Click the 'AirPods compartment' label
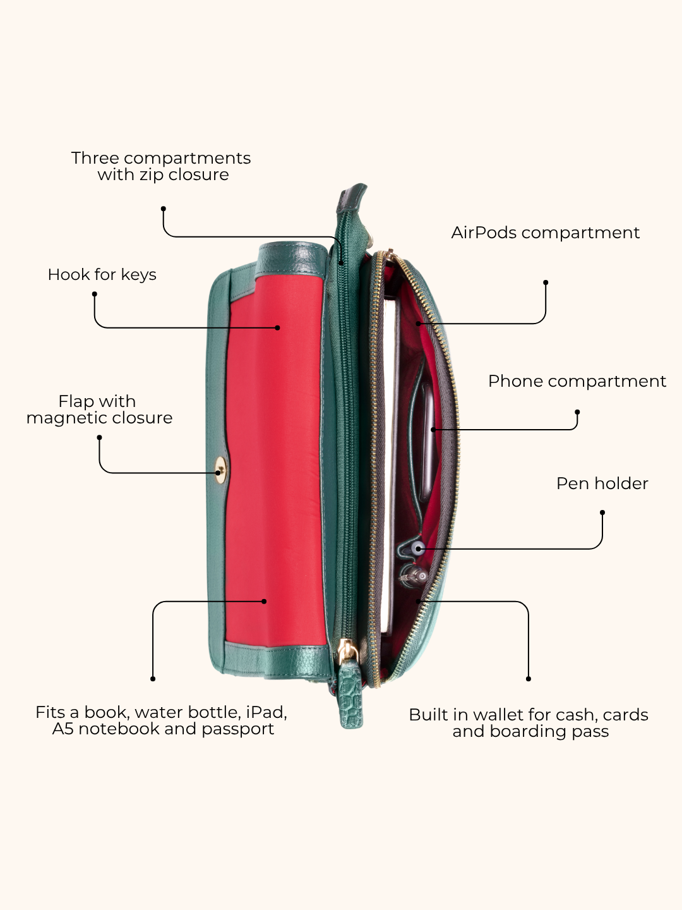tap(546, 233)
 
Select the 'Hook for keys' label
tap(102, 274)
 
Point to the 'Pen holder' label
tap(602, 483)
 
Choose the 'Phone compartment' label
tap(577, 382)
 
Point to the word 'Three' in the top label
tap(95, 158)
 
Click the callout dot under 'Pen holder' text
tap(602, 513)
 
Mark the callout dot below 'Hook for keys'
tap(95, 294)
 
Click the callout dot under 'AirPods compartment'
tap(546, 282)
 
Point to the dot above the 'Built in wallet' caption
tap(529, 679)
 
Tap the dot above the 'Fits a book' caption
tap(153, 679)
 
